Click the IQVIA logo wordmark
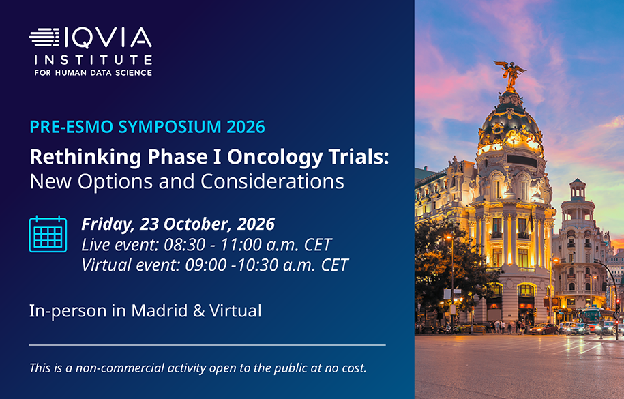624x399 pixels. pyautogui.click(x=91, y=38)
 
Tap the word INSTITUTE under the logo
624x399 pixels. pyautogui.click(x=93, y=60)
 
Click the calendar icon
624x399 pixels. pyautogui.click(x=48, y=234)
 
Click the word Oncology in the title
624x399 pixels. pyautogui.click(x=275, y=158)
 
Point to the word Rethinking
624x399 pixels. pyautogui.click(x=85, y=158)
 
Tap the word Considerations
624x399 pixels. pyautogui.click(x=272, y=181)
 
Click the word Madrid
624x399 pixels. pyautogui.click(x=159, y=310)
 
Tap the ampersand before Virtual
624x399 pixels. pyautogui.click(x=198, y=311)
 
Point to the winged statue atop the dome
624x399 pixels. pyautogui.click(x=510, y=74)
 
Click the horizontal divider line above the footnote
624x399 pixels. pyautogui.click(x=207, y=345)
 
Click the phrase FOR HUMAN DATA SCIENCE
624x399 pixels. pyautogui.click(x=93, y=73)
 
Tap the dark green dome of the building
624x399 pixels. pyautogui.click(x=510, y=119)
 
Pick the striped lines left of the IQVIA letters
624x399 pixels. pyautogui.click(x=44, y=37)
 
